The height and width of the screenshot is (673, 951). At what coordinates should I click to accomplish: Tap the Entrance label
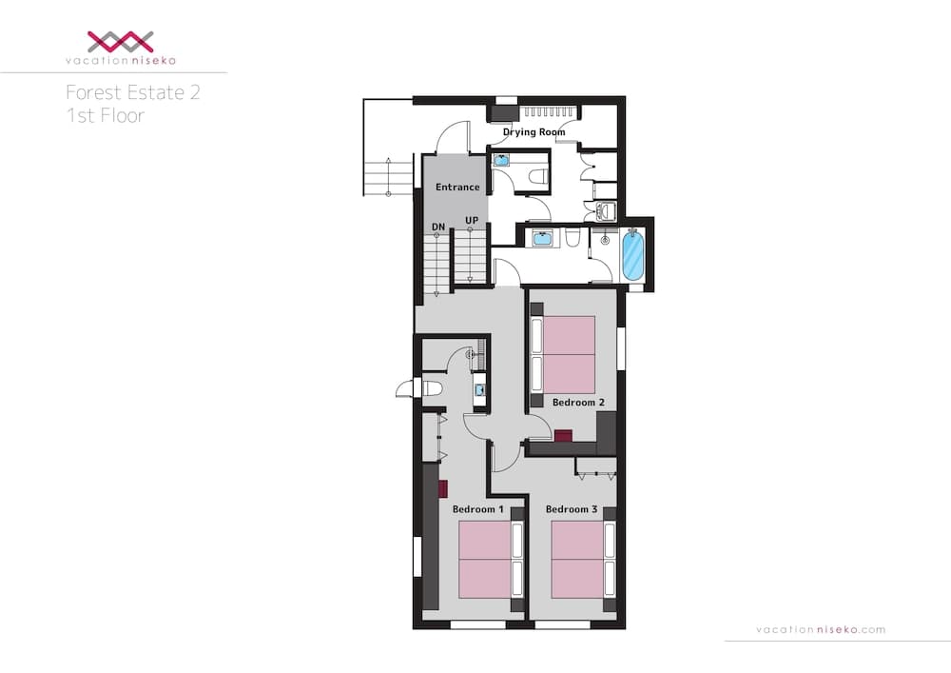(x=457, y=187)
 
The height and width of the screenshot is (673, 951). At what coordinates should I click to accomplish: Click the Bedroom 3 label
(x=572, y=510)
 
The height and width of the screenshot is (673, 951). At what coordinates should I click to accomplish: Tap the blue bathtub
(x=632, y=254)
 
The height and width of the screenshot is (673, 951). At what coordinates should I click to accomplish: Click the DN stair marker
(x=438, y=227)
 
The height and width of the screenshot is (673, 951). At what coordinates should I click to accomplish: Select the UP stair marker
(x=471, y=221)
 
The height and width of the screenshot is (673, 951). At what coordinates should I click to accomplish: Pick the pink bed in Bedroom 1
(x=485, y=560)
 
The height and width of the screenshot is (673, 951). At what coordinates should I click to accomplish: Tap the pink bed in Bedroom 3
(x=577, y=560)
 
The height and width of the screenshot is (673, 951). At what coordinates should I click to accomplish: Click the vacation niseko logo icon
(x=120, y=40)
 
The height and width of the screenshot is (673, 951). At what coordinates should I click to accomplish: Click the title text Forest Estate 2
(x=132, y=92)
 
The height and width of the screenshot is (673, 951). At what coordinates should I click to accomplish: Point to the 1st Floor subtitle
(x=105, y=117)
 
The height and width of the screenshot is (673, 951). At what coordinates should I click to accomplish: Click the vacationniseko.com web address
(x=820, y=629)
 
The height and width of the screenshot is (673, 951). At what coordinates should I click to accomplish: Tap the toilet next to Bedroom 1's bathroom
(x=431, y=387)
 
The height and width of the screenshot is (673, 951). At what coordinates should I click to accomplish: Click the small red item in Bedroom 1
(x=443, y=488)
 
